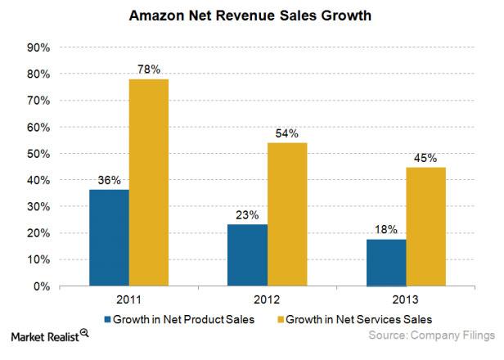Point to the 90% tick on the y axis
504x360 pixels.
pos(38,47)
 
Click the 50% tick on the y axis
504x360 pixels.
pos(38,154)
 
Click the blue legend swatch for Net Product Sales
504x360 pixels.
pos(107,317)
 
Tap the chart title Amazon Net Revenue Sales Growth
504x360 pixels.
pos(252,15)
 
